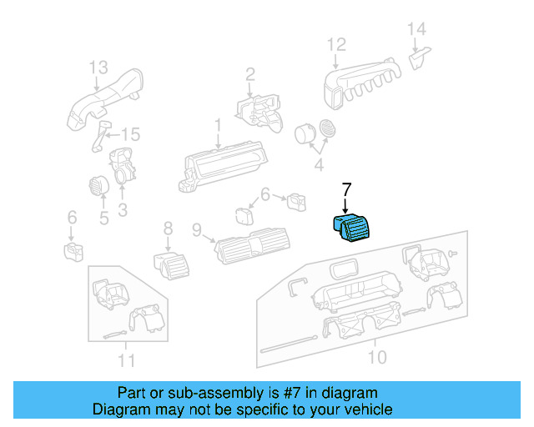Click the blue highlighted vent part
pyautogui.click(x=355, y=226)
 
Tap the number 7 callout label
pyautogui.click(x=347, y=191)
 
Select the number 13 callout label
pyautogui.click(x=98, y=68)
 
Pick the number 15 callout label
pyautogui.click(x=131, y=135)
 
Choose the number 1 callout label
pyautogui.click(x=218, y=125)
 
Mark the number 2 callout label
pyautogui.click(x=249, y=78)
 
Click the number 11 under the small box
pyautogui.click(x=126, y=360)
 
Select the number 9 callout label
pyautogui.click(x=196, y=229)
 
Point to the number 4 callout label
pyautogui.click(x=318, y=165)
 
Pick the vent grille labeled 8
pyautogui.click(x=172, y=266)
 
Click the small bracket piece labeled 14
pyautogui.click(x=419, y=58)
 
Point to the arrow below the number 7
pyautogui.click(x=346, y=205)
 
